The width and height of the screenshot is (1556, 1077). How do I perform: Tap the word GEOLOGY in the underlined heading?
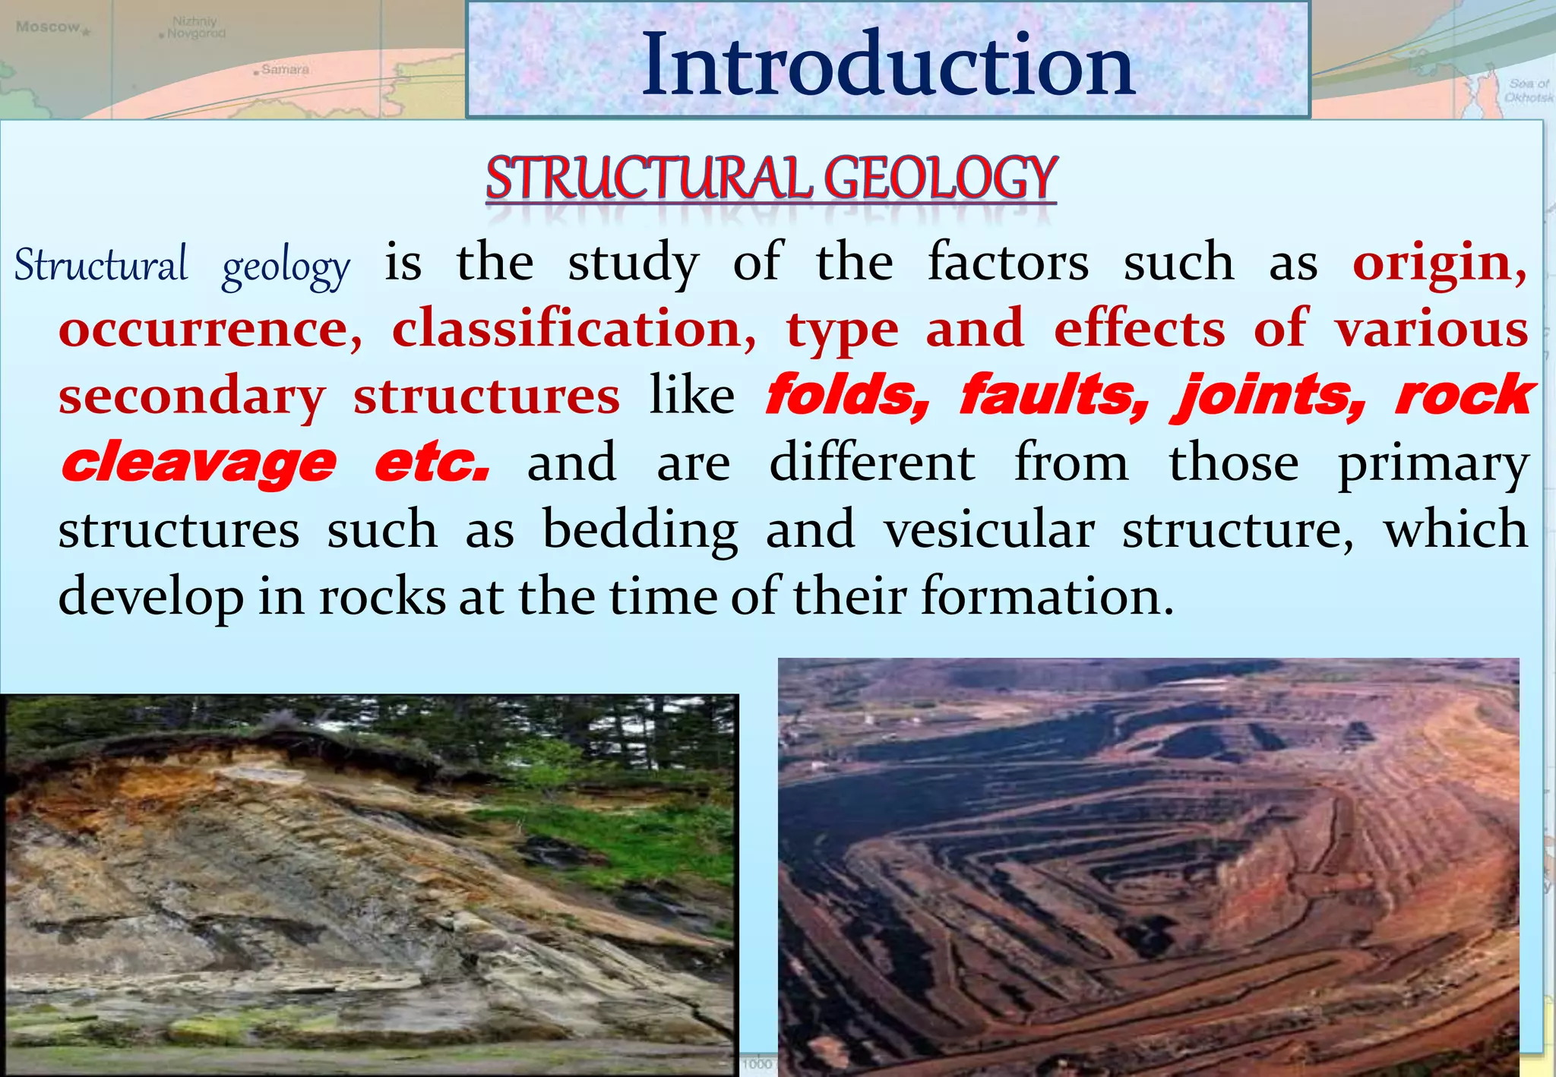(x=940, y=178)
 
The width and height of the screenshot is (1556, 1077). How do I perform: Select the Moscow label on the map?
(x=48, y=27)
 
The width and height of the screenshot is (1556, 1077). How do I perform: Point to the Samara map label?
(x=285, y=70)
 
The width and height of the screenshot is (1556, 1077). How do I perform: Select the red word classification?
(x=574, y=329)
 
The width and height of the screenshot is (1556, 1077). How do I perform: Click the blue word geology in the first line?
(x=286, y=267)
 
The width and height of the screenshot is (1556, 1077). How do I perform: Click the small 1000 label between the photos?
(x=757, y=1064)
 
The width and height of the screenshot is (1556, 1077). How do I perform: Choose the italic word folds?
(x=846, y=395)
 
